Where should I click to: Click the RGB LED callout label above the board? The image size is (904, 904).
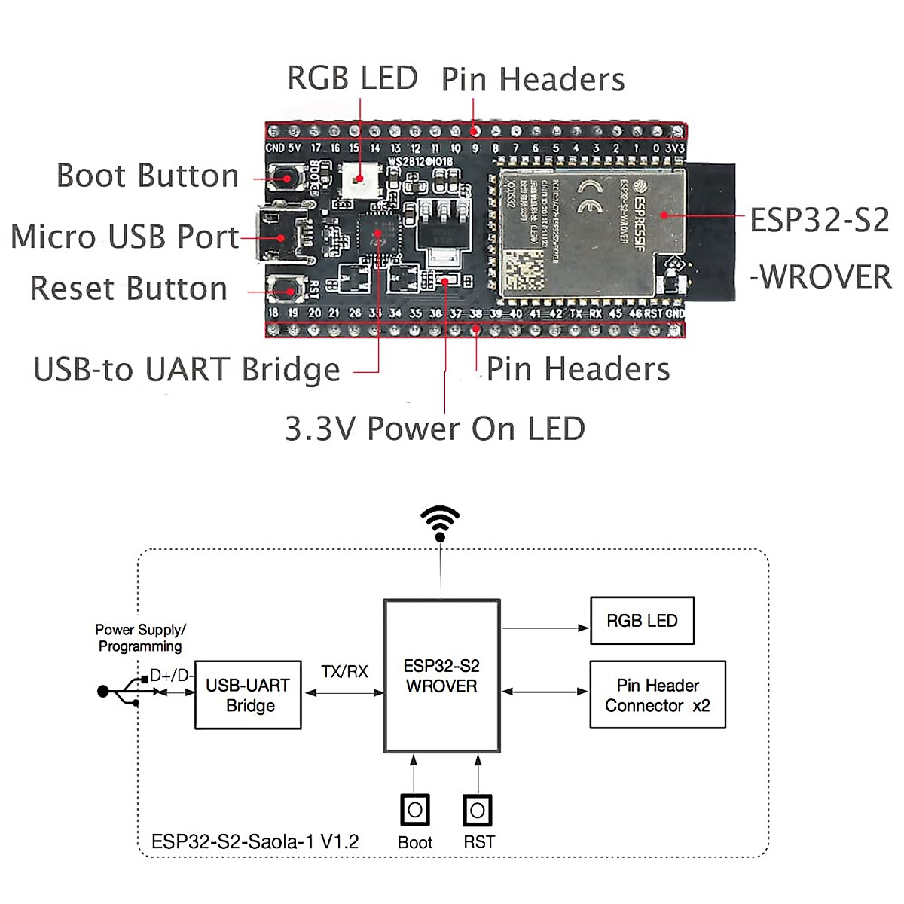tap(352, 78)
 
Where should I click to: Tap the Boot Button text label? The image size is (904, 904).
tap(148, 176)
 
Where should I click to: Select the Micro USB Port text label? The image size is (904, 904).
tap(125, 237)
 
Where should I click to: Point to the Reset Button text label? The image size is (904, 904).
tap(129, 289)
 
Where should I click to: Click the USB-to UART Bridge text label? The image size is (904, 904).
tap(187, 370)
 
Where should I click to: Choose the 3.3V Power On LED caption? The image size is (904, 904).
tap(435, 429)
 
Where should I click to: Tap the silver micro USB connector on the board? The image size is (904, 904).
tap(280, 235)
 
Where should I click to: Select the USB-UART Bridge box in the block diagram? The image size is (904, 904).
tap(248, 695)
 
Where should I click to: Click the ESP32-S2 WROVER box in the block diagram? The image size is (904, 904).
tap(441, 676)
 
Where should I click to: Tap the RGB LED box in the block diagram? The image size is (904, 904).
tap(642, 621)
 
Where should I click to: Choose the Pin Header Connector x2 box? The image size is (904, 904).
tap(657, 695)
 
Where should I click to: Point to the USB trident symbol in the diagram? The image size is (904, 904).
tap(121, 691)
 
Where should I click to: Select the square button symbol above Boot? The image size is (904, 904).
tap(414, 811)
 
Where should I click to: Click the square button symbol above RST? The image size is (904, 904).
tap(478, 811)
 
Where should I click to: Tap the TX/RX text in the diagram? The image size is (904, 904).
tap(344, 671)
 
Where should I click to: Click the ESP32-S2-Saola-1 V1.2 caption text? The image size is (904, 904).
tap(255, 841)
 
